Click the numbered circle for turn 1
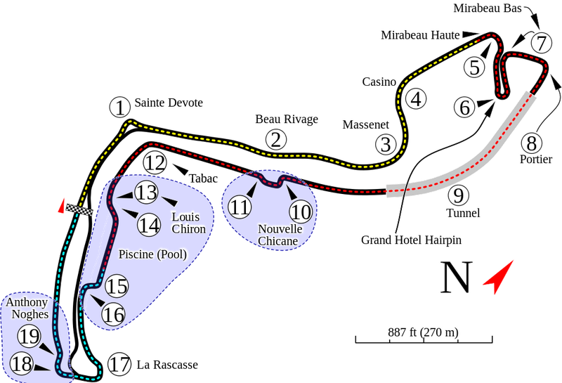(x=120, y=108)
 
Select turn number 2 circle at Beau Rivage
(x=277, y=139)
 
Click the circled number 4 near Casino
(x=417, y=99)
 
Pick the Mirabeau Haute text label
(x=418, y=33)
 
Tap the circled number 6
(x=464, y=108)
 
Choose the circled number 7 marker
(x=540, y=42)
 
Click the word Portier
(x=531, y=157)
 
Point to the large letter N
(x=455, y=278)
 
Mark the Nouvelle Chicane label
(x=278, y=235)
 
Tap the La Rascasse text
(x=167, y=365)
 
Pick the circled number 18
(x=22, y=363)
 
